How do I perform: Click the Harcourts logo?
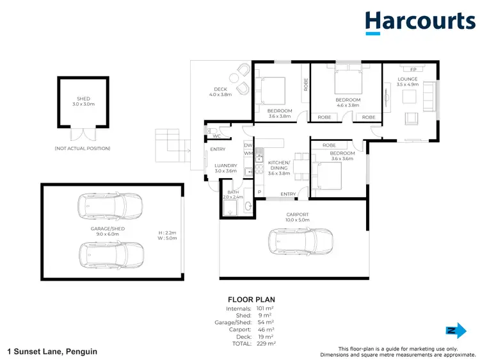(420, 22)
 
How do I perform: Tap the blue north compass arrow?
(455, 330)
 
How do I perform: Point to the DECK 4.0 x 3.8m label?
(221, 92)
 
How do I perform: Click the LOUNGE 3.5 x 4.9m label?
(407, 81)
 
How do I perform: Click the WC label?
(216, 136)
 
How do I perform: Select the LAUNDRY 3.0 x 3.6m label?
(225, 168)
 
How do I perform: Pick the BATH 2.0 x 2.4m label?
(231, 195)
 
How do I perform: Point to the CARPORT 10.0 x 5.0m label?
(298, 217)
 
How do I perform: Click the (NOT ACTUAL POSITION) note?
(82, 149)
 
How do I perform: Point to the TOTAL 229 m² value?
(266, 344)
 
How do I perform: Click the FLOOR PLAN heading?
(251, 299)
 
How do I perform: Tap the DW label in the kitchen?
(248, 145)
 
